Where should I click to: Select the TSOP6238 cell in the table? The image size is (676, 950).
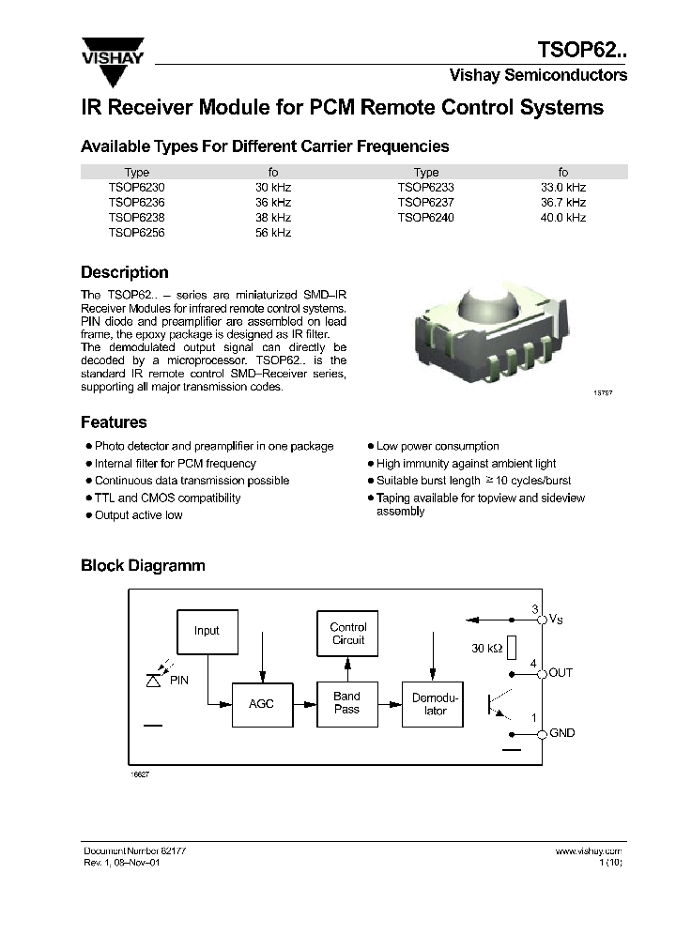136,217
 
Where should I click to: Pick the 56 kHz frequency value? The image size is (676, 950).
273,233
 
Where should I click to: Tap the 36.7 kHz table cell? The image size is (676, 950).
563,202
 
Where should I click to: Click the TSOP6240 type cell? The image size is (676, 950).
425,217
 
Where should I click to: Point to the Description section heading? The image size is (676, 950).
125,272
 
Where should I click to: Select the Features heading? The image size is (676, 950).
114,422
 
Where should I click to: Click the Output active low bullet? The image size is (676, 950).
138,515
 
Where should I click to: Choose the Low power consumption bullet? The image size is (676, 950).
438,446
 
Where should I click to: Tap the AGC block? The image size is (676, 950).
261,703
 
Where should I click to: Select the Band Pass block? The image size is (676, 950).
347,703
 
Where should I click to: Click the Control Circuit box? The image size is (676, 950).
348,634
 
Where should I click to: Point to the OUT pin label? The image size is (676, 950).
561,673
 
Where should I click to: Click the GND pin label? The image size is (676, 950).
561,733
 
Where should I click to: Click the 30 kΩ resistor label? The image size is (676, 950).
485,648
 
